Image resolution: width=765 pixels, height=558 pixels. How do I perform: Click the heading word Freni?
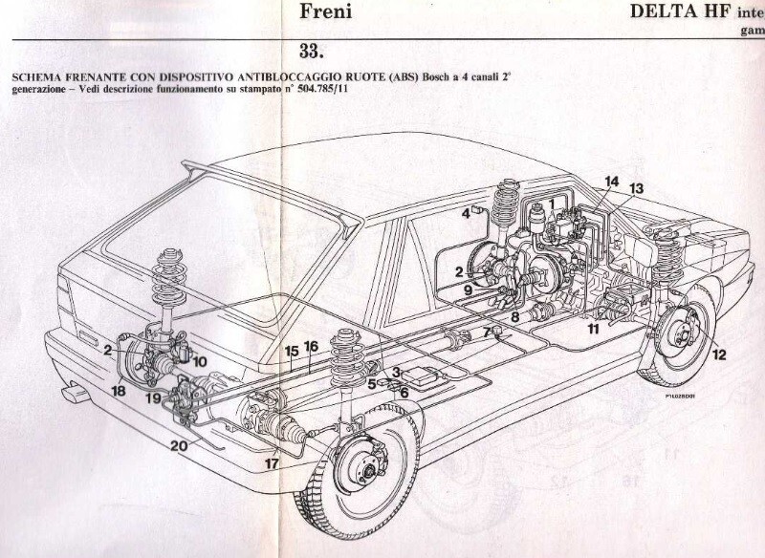coord(327,13)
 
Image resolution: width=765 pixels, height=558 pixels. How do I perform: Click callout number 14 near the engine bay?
coord(611,182)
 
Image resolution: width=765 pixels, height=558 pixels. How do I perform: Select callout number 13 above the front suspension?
coord(637,188)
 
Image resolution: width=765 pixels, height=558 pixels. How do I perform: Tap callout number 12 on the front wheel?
coord(718,354)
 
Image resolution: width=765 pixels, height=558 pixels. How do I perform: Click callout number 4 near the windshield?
coord(466,213)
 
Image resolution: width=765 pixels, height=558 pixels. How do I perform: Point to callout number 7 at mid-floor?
coord(486,332)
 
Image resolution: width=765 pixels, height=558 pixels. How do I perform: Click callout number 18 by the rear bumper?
coord(118,390)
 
